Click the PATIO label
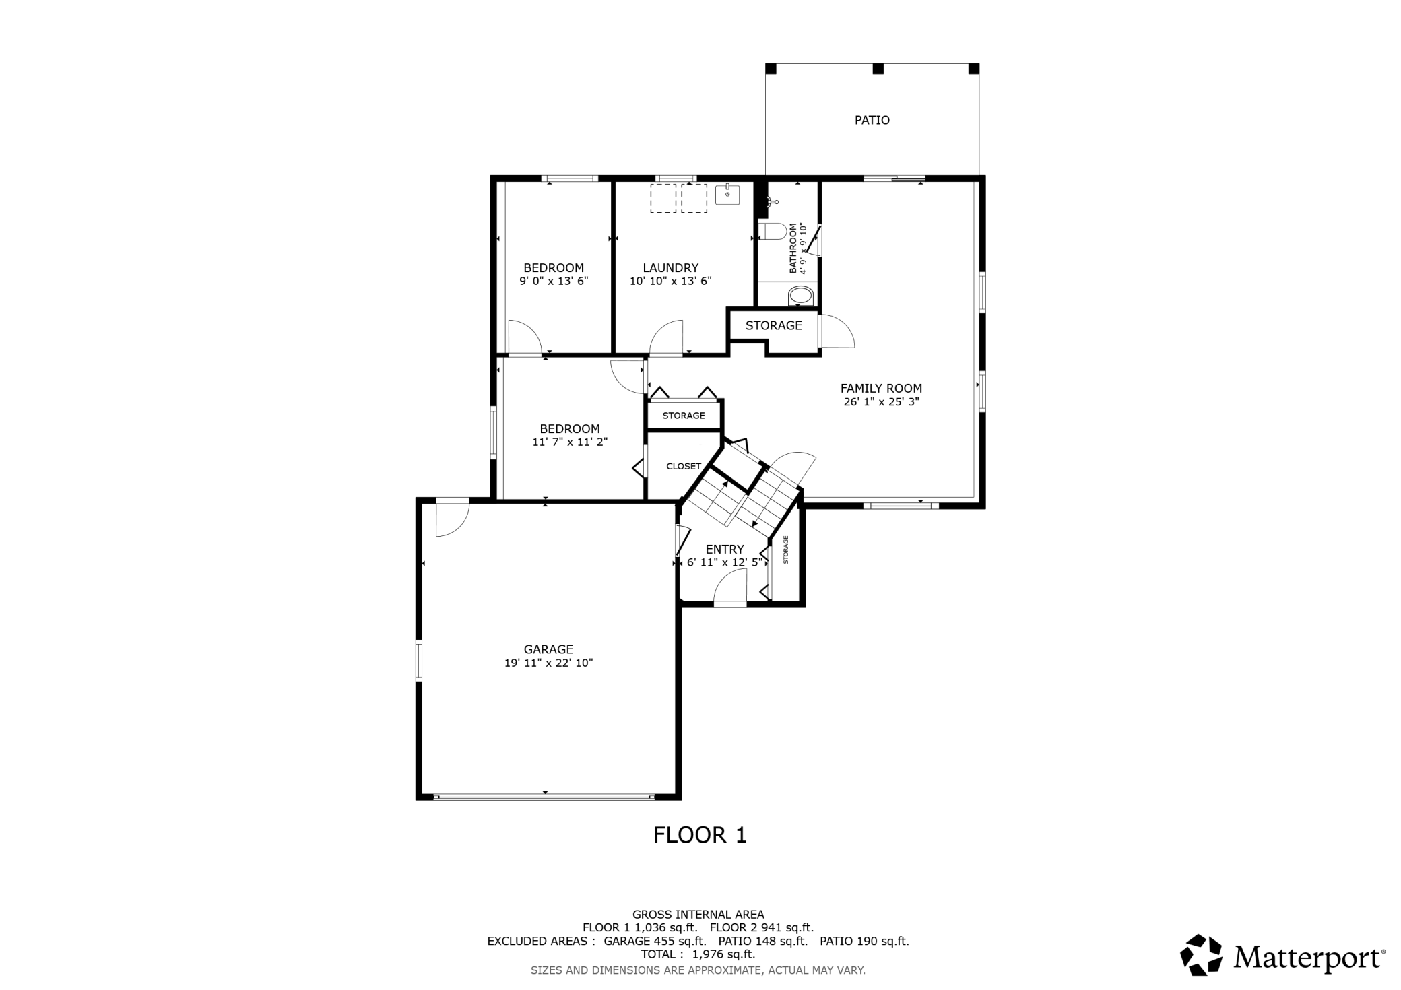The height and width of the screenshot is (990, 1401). click(x=872, y=120)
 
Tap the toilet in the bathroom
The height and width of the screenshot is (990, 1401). click(x=773, y=231)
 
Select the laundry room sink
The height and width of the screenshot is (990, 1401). click(x=727, y=194)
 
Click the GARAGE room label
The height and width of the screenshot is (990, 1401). click(x=548, y=649)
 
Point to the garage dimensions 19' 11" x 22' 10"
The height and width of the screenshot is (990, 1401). click(x=548, y=663)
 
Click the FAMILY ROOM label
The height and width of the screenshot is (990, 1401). click(x=881, y=388)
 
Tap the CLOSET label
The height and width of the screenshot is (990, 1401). click(x=683, y=466)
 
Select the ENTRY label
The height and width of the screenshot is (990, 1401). click(x=725, y=549)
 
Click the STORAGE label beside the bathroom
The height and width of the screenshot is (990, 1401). click(x=773, y=325)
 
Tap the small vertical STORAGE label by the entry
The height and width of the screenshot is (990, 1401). click(x=785, y=550)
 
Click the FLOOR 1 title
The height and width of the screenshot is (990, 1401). click(x=700, y=835)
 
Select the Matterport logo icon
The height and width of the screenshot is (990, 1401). click(x=1201, y=954)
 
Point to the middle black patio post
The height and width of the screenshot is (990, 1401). click(x=878, y=69)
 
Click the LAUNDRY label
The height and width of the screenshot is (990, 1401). click(x=670, y=268)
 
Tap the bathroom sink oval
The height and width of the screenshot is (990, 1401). click(x=801, y=296)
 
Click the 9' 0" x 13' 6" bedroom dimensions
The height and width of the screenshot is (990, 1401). click(x=554, y=282)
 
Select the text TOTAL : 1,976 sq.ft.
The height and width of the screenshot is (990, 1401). click(x=698, y=954)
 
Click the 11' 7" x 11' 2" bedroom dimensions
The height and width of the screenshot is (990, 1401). click(x=570, y=442)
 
